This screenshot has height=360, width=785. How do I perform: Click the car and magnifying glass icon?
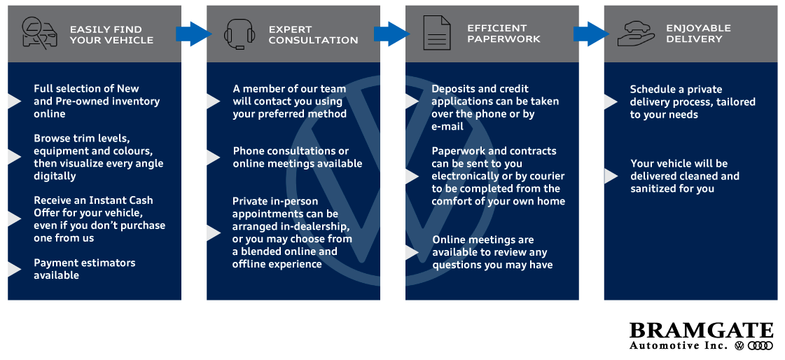[39, 34]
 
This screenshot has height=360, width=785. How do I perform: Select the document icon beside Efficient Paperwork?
[437, 34]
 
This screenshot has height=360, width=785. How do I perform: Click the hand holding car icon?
[636, 33]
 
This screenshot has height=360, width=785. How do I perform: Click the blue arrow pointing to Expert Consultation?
[193, 33]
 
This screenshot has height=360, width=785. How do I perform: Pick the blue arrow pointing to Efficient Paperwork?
[391, 33]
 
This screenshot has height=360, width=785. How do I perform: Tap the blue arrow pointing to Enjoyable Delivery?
[591, 34]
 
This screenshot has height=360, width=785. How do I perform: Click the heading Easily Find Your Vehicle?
[111, 34]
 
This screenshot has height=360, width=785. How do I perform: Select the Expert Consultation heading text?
[313, 34]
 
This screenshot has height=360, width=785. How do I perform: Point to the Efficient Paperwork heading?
[503, 33]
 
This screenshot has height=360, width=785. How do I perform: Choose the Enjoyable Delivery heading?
[698, 33]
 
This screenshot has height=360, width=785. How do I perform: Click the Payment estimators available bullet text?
[85, 269]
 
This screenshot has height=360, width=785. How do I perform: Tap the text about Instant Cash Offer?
[99, 219]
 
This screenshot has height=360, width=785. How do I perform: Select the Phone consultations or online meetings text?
[298, 157]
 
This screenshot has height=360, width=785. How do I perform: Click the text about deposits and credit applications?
[494, 107]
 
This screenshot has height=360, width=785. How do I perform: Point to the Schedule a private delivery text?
[692, 102]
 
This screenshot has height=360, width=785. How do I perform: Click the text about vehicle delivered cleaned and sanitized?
[684, 176]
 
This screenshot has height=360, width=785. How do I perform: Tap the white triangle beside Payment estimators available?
[14, 269]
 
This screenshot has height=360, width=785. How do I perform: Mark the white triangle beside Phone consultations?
[213, 158]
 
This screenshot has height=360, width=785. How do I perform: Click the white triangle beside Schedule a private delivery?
[610, 102]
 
